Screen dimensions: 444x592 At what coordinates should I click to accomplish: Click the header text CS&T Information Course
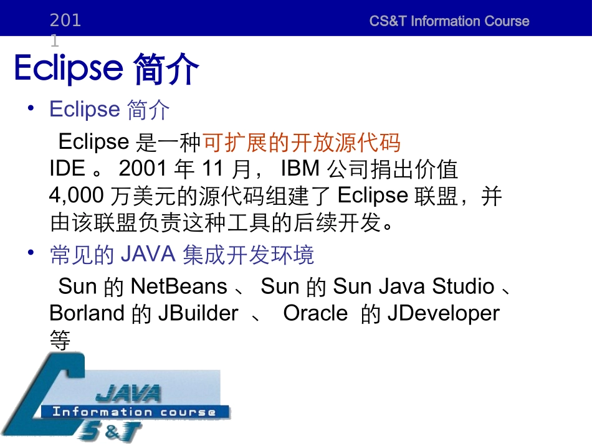(449, 21)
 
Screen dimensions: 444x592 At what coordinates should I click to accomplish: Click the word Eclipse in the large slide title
(68, 68)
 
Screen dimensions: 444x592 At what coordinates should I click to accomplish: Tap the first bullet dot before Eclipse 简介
(31, 108)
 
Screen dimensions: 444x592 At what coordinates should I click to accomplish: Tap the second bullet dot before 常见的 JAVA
(31, 253)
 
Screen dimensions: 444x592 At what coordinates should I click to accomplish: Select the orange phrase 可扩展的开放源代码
(302, 143)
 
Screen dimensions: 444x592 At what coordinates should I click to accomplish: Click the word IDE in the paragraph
(67, 169)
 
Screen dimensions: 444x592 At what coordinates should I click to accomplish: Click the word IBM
(300, 169)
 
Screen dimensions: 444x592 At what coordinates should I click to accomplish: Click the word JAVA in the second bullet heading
(148, 255)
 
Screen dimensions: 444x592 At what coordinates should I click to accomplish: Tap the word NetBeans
(179, 286)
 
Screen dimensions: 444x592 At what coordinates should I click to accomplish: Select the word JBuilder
(198, 313)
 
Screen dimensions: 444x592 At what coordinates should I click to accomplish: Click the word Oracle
(315, 313)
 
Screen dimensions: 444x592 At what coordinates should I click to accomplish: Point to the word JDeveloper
(443, 313)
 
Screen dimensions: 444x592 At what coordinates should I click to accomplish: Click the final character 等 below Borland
(60, 340)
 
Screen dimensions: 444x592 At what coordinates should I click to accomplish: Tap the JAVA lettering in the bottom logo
(127, 393)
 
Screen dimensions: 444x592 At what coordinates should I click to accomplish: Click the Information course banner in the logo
(134, 412)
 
